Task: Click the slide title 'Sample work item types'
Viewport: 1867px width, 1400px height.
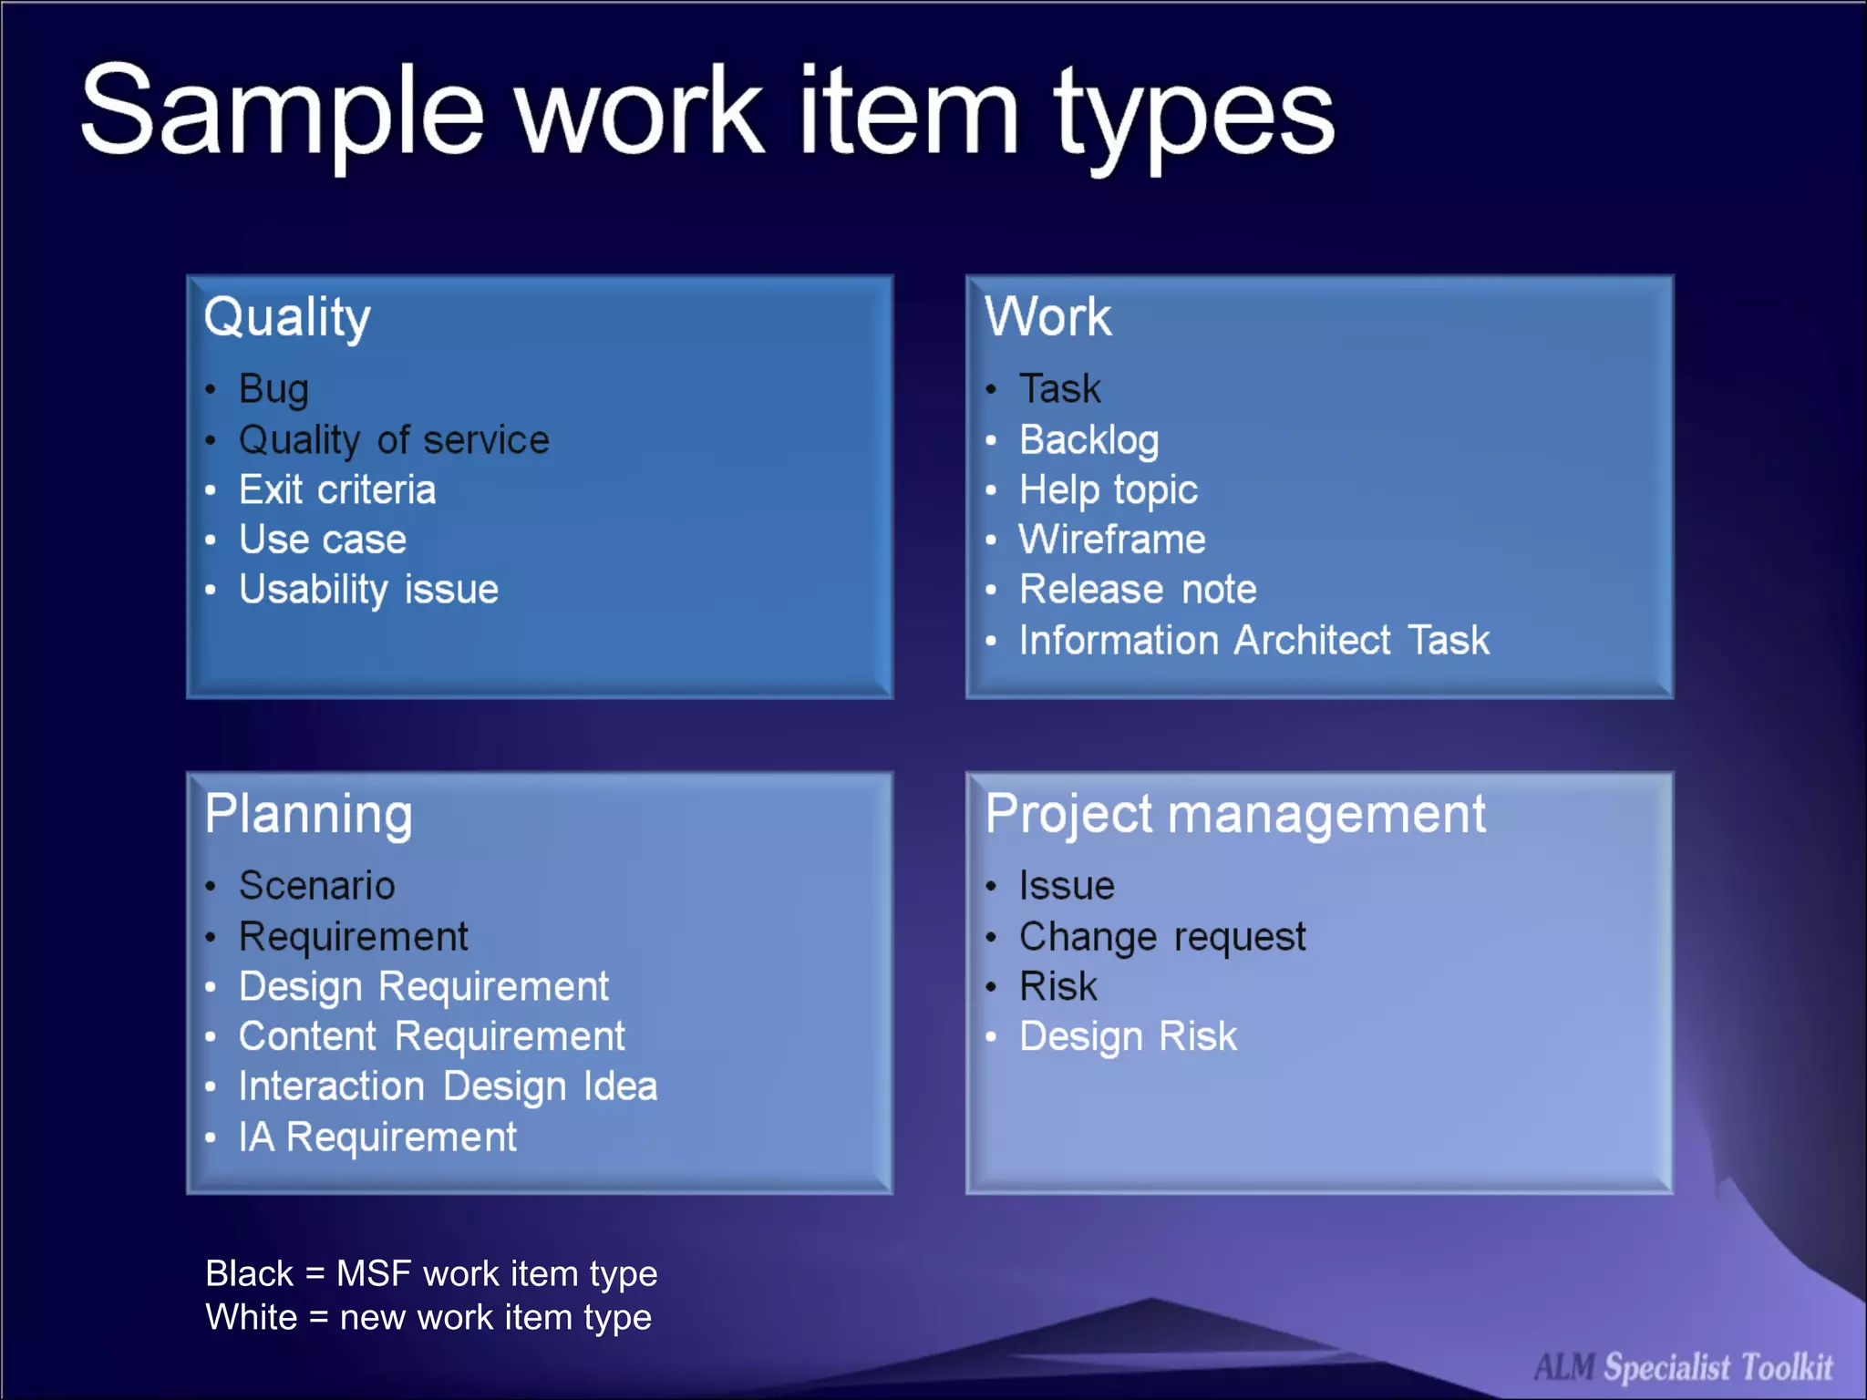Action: coord(707,114)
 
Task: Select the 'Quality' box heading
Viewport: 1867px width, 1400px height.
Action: coord(287,317)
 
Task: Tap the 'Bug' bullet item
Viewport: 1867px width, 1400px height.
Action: coord(273,389)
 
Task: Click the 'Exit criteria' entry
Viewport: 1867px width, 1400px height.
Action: coord(337,490)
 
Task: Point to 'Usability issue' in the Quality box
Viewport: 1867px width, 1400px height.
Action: coord(368,590)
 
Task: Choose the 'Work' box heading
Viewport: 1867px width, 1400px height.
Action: coord(1047,317)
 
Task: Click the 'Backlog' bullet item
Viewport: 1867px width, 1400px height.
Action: coord(1088,440)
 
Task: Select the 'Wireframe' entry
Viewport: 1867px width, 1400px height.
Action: coord(1112,540)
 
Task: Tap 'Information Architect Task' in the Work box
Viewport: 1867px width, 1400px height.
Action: coord(1253,640)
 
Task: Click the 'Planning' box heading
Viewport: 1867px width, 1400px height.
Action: coord(308,814)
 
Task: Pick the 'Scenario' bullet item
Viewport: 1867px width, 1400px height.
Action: coord(316,886)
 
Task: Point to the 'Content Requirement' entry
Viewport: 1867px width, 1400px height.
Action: coord(431,1036)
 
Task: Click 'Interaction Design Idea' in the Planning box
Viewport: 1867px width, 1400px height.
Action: coord(448,1086)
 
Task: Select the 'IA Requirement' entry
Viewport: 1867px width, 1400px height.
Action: coord(377,1137)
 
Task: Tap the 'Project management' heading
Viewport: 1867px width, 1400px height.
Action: coord(1235,814)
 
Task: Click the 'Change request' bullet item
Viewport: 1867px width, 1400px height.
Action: coord(1162,937)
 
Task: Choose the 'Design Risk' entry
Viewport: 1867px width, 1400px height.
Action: coord(1128,1036)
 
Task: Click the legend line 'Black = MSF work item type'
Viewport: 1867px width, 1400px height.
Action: coord(431,1273)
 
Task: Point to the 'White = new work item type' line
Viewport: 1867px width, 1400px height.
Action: coord(428,1317)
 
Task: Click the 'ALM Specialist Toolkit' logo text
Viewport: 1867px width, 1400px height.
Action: coord(1683,1367)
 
